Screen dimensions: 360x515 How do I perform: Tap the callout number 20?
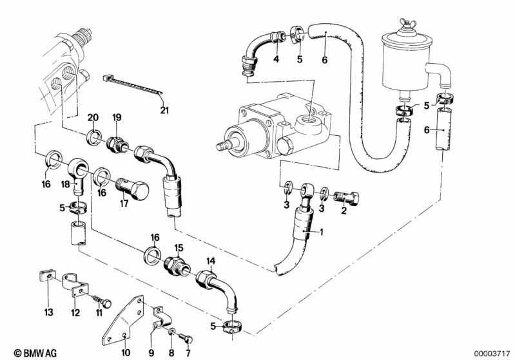pyautogui.click(x=93, y=117)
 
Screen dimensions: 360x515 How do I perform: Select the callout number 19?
pyautogui.click(x=117, y=117)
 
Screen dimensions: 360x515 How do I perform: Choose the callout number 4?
pyautogui.click(x=276, y=60)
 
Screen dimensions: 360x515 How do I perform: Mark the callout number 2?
pyautogui.click(x=344, y=210)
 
